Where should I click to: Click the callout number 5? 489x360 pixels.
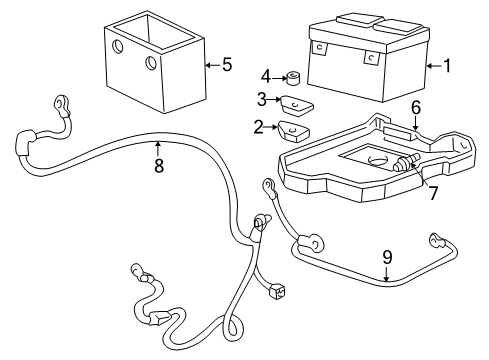[227, 66]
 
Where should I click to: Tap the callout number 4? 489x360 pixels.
[266, 76]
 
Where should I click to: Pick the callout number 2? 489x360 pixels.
[257, 128]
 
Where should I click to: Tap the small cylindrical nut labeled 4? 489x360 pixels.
[295, 77]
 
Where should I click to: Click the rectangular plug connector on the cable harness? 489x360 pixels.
[277, 293]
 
